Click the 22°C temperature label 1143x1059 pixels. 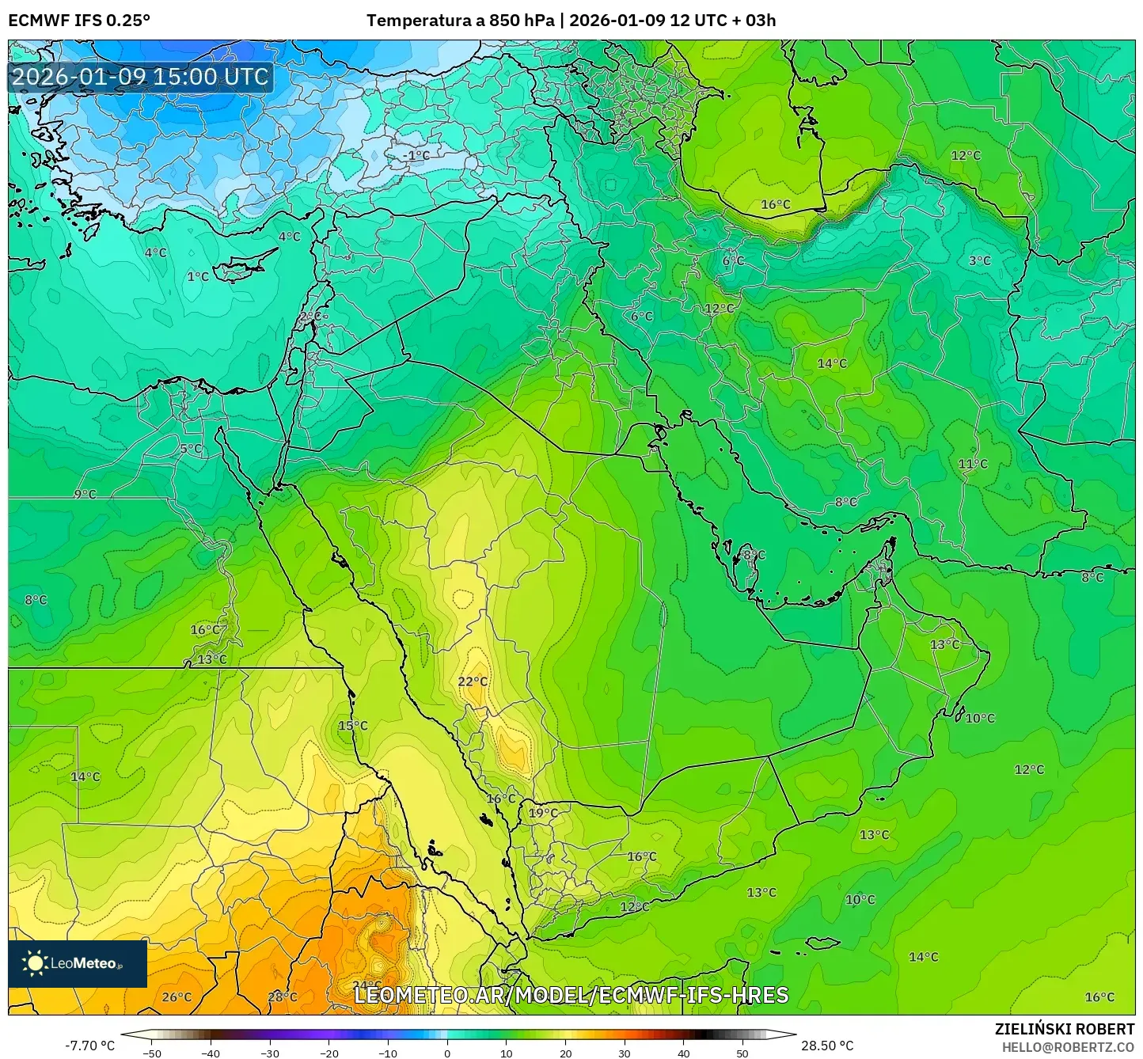pyautogui.click(x=473, y=681)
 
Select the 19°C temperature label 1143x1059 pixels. pyautogui.click(x=543, y=813)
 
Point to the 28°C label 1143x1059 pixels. pyautogui.click(x=283, y=996)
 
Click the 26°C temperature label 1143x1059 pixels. pyautogui.click(x=177, y=996)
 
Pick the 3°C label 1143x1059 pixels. pyautogui.click(x=980, y=260)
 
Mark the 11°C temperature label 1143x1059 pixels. pyautogui.click(x=973, y=464)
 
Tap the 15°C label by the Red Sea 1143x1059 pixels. pyautogui.click(x=353, y=726)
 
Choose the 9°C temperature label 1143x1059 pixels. pyautogui.click(x=85, y=494)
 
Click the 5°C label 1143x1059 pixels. pyautogui.click(x=191, y=449)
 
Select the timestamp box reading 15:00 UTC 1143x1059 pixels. pyautogui.click(x=141, y=77)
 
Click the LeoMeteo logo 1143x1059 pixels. pyautogui.click(x=78, y=963)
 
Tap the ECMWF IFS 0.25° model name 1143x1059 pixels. pyautogui.click(x=79, y=21)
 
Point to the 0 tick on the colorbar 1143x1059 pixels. pyautogui.click(x=447, y=1053)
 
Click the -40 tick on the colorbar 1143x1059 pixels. pyautogui.click(x=211, y=1053)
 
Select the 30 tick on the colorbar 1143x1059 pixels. pyautogui.click(x=625, y=1053)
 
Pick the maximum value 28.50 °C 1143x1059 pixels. pyautogui.click(x=827, y=1046)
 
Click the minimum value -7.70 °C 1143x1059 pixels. pyautogui.click(x=89, y=1046)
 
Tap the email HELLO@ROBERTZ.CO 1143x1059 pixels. pyautogui.click(x=1068, y=1047)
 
